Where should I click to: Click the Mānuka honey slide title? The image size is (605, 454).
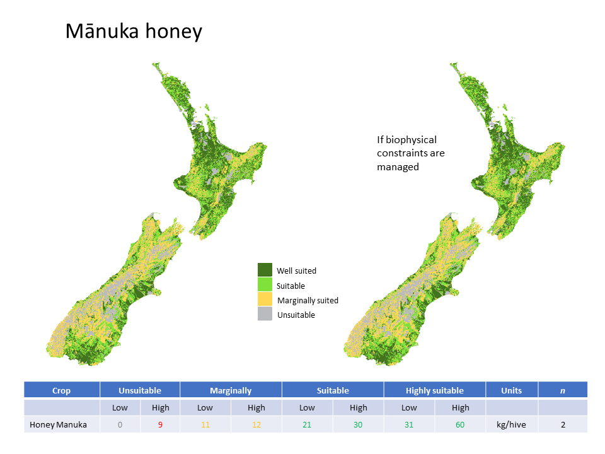134,32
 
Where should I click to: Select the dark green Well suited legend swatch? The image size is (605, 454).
265,270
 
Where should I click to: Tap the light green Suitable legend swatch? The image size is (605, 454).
265,284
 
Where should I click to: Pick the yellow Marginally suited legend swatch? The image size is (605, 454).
265,299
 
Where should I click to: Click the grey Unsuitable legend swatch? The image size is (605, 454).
265,314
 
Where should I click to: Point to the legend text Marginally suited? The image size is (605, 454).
308,301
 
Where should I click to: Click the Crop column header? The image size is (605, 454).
61,391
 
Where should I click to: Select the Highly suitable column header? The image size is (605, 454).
434,391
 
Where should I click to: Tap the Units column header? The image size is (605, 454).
511,391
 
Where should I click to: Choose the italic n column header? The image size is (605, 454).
563,391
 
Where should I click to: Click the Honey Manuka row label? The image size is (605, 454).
58,424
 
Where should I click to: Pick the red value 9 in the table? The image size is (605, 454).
160,424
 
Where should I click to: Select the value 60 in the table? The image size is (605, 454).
460,424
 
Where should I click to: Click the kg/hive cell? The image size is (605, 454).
511,424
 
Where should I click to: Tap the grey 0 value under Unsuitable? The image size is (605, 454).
120,424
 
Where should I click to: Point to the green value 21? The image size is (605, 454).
307,424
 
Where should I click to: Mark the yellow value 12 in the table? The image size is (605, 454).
256,424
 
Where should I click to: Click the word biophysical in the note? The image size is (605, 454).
412,140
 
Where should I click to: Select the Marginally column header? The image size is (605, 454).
231,391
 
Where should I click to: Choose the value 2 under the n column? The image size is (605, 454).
563,424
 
